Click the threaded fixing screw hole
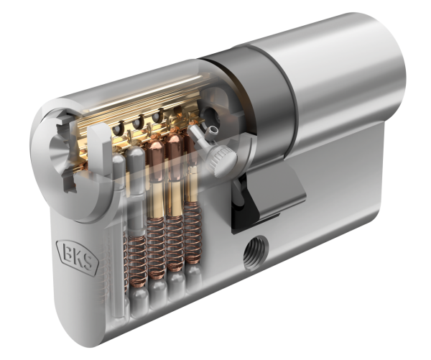[x=255, y=252]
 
